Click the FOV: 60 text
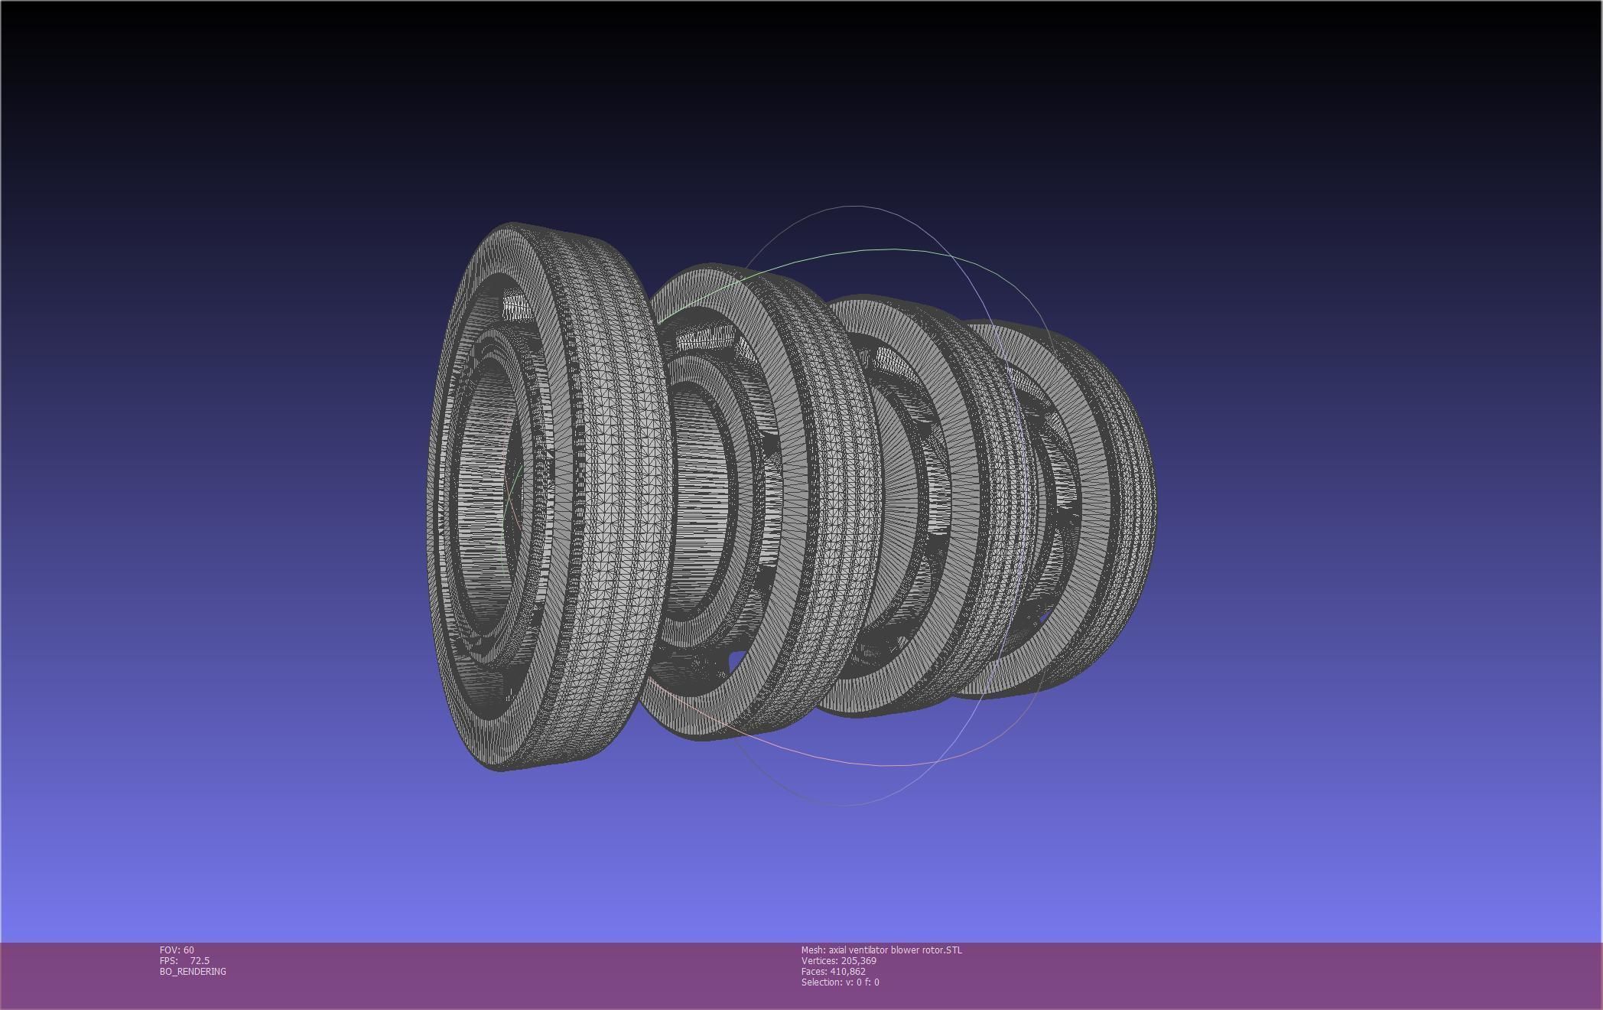coord(177,950)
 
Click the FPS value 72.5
coord(200,960)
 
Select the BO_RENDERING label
coord(193,971)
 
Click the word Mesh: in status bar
coord(813,950)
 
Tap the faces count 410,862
coord(847,971)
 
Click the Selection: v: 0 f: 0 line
coord(840,982)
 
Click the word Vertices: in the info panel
coord(819,960)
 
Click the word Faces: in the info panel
coord(814,971)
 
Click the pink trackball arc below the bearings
coord(841,761)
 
